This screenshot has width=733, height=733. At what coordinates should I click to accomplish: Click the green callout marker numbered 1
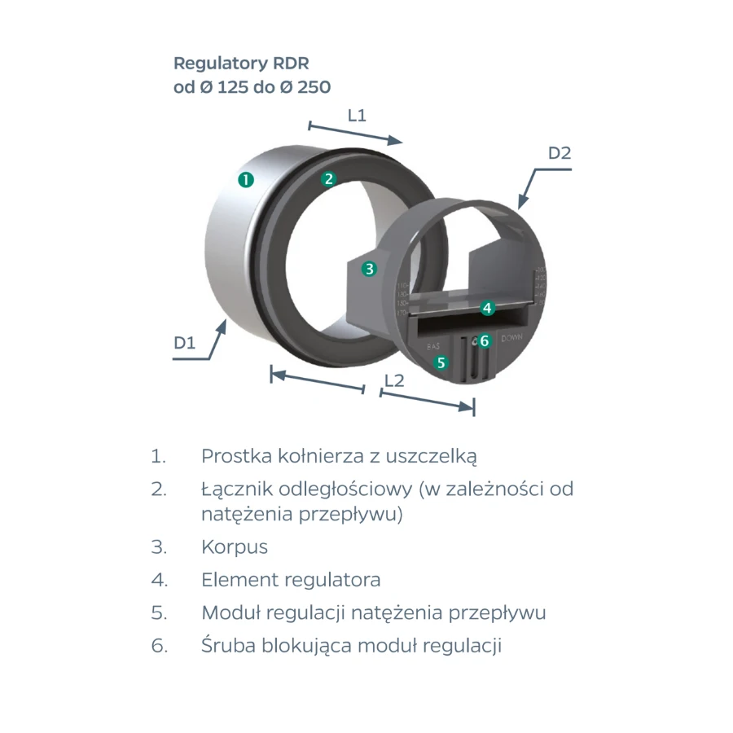coord(245,179)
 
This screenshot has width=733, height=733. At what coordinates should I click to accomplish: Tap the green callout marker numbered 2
coord(328,179)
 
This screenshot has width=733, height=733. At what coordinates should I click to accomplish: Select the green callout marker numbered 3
coord(369,268)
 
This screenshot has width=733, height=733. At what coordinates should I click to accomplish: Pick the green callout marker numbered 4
coord(486,308)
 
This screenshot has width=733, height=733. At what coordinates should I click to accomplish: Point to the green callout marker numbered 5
coord(441,362)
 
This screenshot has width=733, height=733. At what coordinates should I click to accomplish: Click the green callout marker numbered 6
coord(484,340)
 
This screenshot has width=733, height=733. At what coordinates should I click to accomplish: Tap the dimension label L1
coord(357,116)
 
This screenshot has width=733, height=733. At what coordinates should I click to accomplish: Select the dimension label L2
coord(394,380)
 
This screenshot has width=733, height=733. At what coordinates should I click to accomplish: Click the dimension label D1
coord(185,344)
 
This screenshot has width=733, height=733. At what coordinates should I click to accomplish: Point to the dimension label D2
coord(560,152)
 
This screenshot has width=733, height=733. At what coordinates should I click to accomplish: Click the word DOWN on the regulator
coord(512,338)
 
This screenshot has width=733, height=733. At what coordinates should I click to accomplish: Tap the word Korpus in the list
coord(235,547)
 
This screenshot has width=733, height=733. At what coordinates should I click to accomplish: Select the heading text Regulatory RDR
coord(241,64)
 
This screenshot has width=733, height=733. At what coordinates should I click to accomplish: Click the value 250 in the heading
coord(314,87)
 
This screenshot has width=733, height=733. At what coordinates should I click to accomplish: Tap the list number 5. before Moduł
coord(159,612)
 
